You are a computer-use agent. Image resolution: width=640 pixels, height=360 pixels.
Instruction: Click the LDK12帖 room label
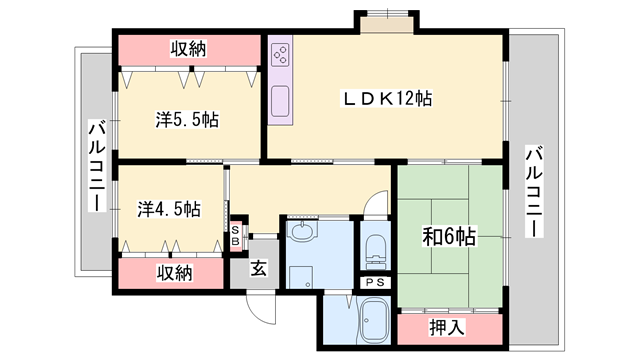click(387, 98)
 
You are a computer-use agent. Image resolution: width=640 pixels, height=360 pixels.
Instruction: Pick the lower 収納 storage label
click(173, 273)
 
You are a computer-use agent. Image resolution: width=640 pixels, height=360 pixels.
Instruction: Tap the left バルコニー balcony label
click(96, 165)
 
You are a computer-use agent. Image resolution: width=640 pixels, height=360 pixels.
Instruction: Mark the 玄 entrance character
click(257, 268)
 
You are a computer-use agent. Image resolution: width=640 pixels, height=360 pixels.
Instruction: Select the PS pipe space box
click(375, 283)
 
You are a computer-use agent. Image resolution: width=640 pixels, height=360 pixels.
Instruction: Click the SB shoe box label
click(235, 236)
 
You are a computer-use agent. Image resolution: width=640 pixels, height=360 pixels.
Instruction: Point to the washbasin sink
click(301, 235)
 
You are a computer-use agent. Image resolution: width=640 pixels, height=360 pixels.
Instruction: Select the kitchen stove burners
click(280, 54)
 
